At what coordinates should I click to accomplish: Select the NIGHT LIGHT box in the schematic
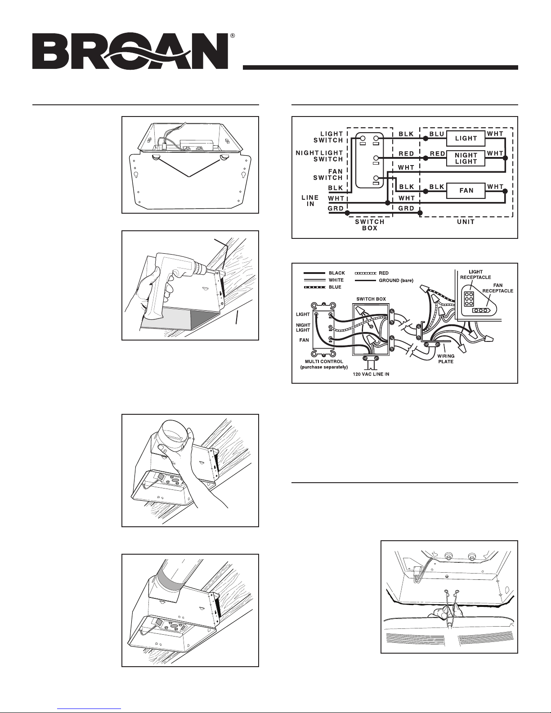tap(466, 158)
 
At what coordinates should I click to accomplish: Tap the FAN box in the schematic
tap(466, 191)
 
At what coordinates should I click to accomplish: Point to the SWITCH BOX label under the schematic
tap(370, 225)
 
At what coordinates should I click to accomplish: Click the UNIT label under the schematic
tap(466, 222)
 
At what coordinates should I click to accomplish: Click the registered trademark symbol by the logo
tap(232, 35)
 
